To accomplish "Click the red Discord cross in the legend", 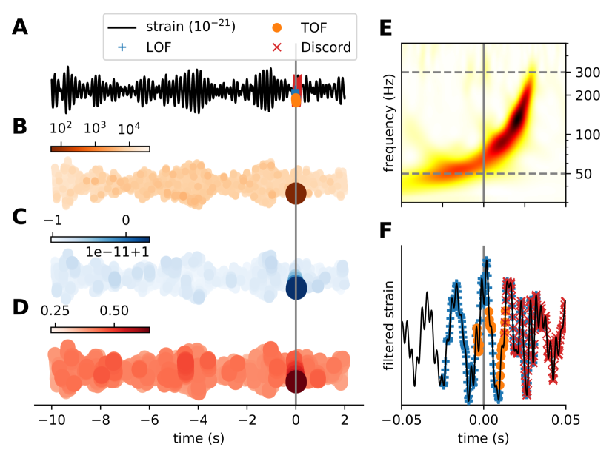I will click(275, 48).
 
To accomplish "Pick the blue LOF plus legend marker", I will click(122, 48).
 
